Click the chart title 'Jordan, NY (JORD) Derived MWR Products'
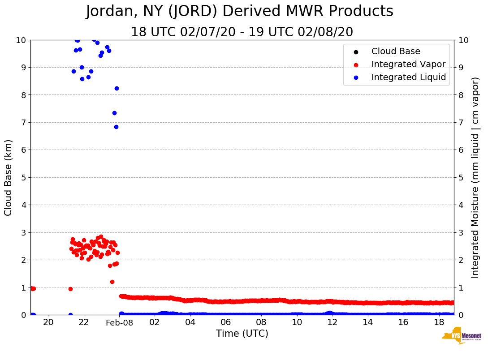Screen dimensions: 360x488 [239, 12]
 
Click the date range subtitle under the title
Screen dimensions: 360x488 [242, 32]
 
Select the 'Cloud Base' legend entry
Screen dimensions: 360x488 [396, 51]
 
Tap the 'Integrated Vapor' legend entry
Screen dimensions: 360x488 [408, 64]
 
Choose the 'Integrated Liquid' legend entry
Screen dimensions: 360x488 [408, 77]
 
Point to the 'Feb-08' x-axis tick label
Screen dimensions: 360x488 [119, 323]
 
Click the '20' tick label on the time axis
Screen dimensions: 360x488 [48, 322]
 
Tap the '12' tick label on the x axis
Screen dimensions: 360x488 [332, 322]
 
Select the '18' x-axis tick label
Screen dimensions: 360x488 [439, 322]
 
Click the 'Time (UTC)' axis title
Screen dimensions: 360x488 [242, 334]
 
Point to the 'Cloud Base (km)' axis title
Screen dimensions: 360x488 [9, 177]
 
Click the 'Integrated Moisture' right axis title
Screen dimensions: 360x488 [475, 177]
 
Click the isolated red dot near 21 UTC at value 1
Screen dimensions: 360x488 [70, 289]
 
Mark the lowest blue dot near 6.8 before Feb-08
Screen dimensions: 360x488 [116, 127]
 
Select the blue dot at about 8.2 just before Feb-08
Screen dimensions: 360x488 [117, 88]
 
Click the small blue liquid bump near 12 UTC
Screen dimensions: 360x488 [330, 313]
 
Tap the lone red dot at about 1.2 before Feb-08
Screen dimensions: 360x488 [112, 282]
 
